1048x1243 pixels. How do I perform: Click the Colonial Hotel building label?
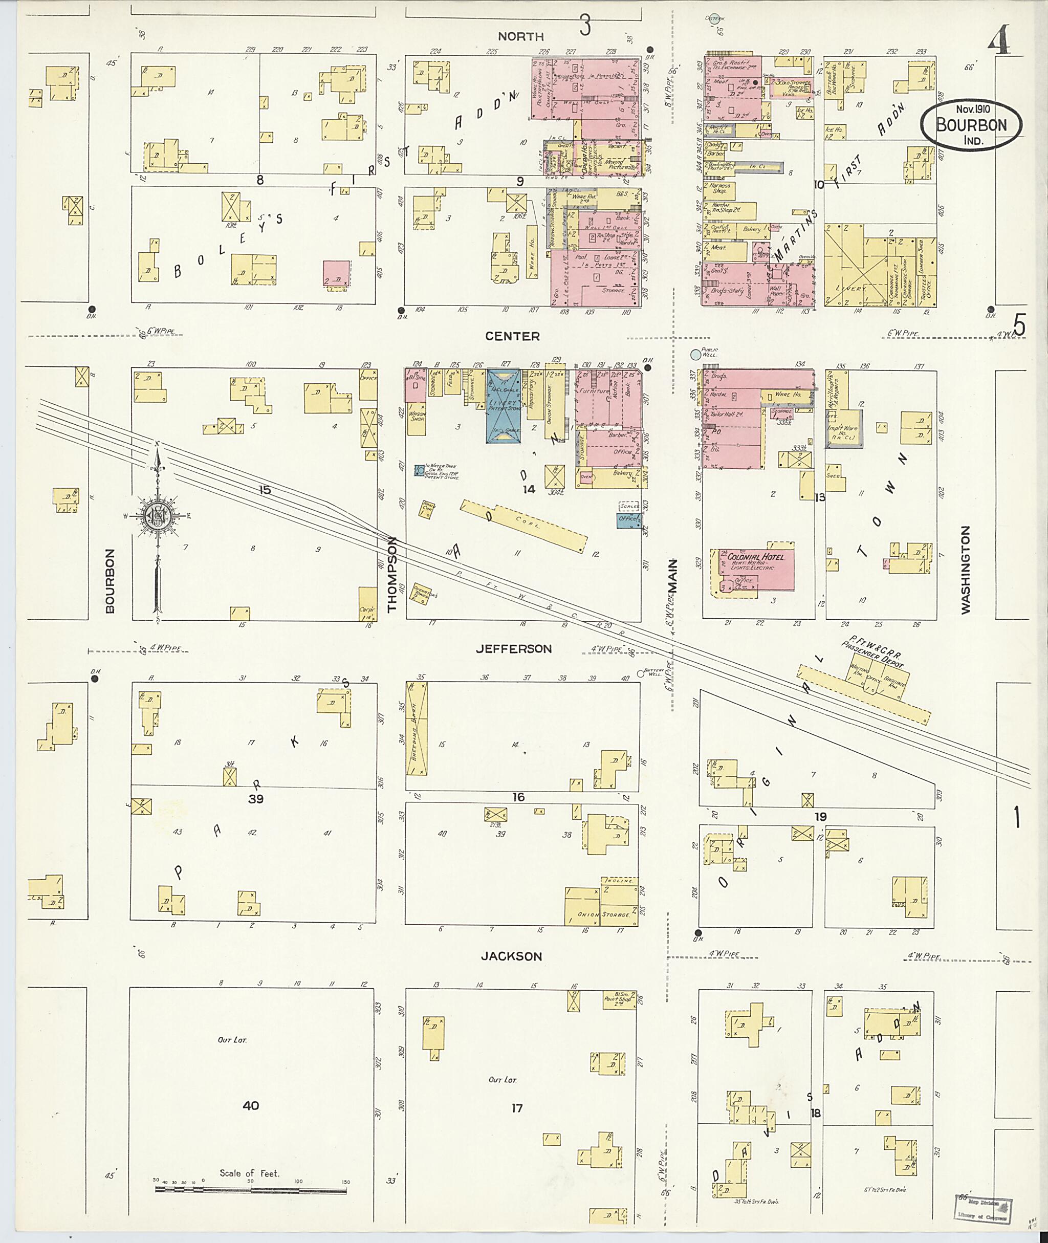[755, 557]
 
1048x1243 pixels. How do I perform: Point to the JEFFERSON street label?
[514, 649]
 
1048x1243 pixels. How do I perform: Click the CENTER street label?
[512, 336]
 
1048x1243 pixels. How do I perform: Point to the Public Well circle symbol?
[695, 355]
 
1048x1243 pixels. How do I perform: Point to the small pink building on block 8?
[336, 274]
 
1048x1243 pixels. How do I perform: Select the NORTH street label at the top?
[520, 37]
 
